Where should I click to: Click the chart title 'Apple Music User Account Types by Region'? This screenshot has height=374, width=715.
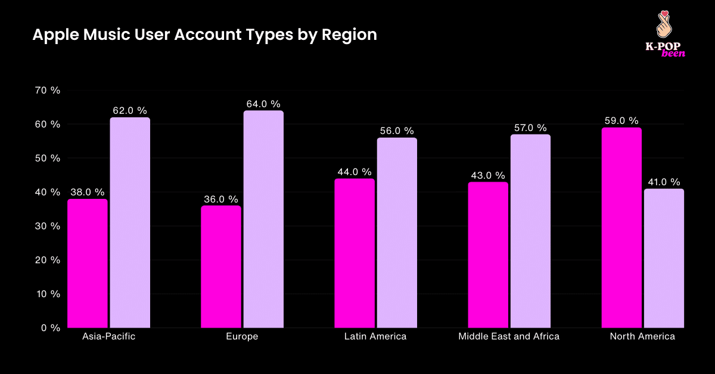pyautogui.click(x=204, y=35)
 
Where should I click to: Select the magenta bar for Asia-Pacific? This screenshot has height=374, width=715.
pyautogui.click(x=88, y=263)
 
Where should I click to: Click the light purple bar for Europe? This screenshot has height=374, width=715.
pyautogui.click(x=263, y=219)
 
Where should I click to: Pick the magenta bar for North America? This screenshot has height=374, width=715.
pyautogui.click(x=621, y=227)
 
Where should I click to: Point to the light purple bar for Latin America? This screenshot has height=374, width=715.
pyautogui.click(x=397, y=233)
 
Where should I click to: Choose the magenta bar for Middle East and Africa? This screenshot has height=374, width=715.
pyautogui.click(x=488, y=255)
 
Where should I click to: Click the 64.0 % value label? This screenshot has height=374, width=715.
pyautogui.click(x=263, y=104)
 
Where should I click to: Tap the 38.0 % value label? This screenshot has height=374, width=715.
pyautogui.click(x=88, y=192)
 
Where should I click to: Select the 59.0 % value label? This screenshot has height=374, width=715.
pyautogui.click(x=621, y=121)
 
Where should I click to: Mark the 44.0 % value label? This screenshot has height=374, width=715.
pyautogui.click(x=355, y=172)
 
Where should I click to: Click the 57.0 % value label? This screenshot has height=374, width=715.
pyautogui.click(x=530, y=128)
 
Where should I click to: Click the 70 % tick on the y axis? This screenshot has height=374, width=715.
pyautogui.click(x=47, y=91)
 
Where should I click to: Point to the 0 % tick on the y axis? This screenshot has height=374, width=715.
pyautogui.click(x=50, y=328)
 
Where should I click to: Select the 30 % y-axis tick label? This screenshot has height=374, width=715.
pyautogui.click(x=47, y=226)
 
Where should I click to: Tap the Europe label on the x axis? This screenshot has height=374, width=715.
pyautogui.click(x=242, y=337)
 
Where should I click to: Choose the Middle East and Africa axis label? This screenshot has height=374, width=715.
pyautogui.click(x=509, y=337)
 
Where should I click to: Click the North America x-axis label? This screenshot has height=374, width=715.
pyautogui.click(x=642, y=337)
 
